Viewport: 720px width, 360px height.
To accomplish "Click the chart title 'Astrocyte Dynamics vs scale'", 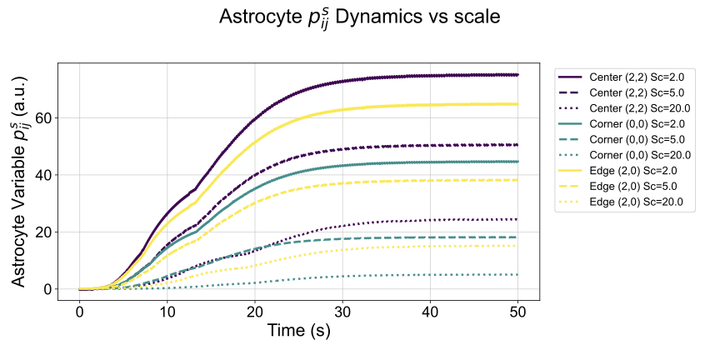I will click(x=359, y=18).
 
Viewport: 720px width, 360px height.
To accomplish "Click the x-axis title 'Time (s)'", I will click(x=298, y=331).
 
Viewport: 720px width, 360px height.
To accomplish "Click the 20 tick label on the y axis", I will click(x=44, y=232).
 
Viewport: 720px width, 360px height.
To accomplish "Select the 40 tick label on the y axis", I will click(x=44, y=175).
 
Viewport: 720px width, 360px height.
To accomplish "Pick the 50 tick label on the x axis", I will click(x=517, y=310).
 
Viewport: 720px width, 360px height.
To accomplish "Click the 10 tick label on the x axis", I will click(x=167, y=310).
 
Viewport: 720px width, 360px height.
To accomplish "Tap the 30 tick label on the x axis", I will click(x=342, y=310).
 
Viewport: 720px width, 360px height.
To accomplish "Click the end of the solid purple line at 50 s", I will click(x=517, y=75).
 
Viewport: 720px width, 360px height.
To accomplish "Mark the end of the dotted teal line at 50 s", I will click(x=517, y=275).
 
